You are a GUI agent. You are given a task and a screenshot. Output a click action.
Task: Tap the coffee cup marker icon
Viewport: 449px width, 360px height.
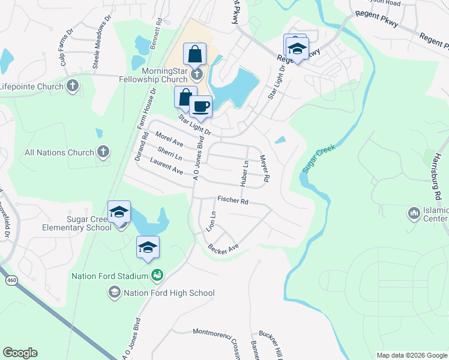point(200,107)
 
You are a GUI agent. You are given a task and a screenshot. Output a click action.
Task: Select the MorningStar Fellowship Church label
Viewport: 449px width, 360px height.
point(155,75)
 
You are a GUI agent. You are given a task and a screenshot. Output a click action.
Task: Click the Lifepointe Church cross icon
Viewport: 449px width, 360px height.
point(73,86)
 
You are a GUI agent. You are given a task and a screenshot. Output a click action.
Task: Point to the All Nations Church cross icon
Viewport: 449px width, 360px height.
point(103,152)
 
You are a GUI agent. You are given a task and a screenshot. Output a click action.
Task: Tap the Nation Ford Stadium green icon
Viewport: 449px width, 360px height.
point(157,275)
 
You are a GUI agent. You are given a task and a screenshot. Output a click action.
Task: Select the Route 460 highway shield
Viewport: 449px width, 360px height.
point(11,280)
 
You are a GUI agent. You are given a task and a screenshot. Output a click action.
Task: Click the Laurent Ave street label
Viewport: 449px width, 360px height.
point(166,166)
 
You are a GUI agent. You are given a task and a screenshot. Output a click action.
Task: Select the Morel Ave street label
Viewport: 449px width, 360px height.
point(169,140)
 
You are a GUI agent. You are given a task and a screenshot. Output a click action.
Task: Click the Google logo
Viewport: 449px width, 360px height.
point(20,353)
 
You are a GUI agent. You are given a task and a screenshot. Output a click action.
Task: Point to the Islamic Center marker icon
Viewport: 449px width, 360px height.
point(413,213)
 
